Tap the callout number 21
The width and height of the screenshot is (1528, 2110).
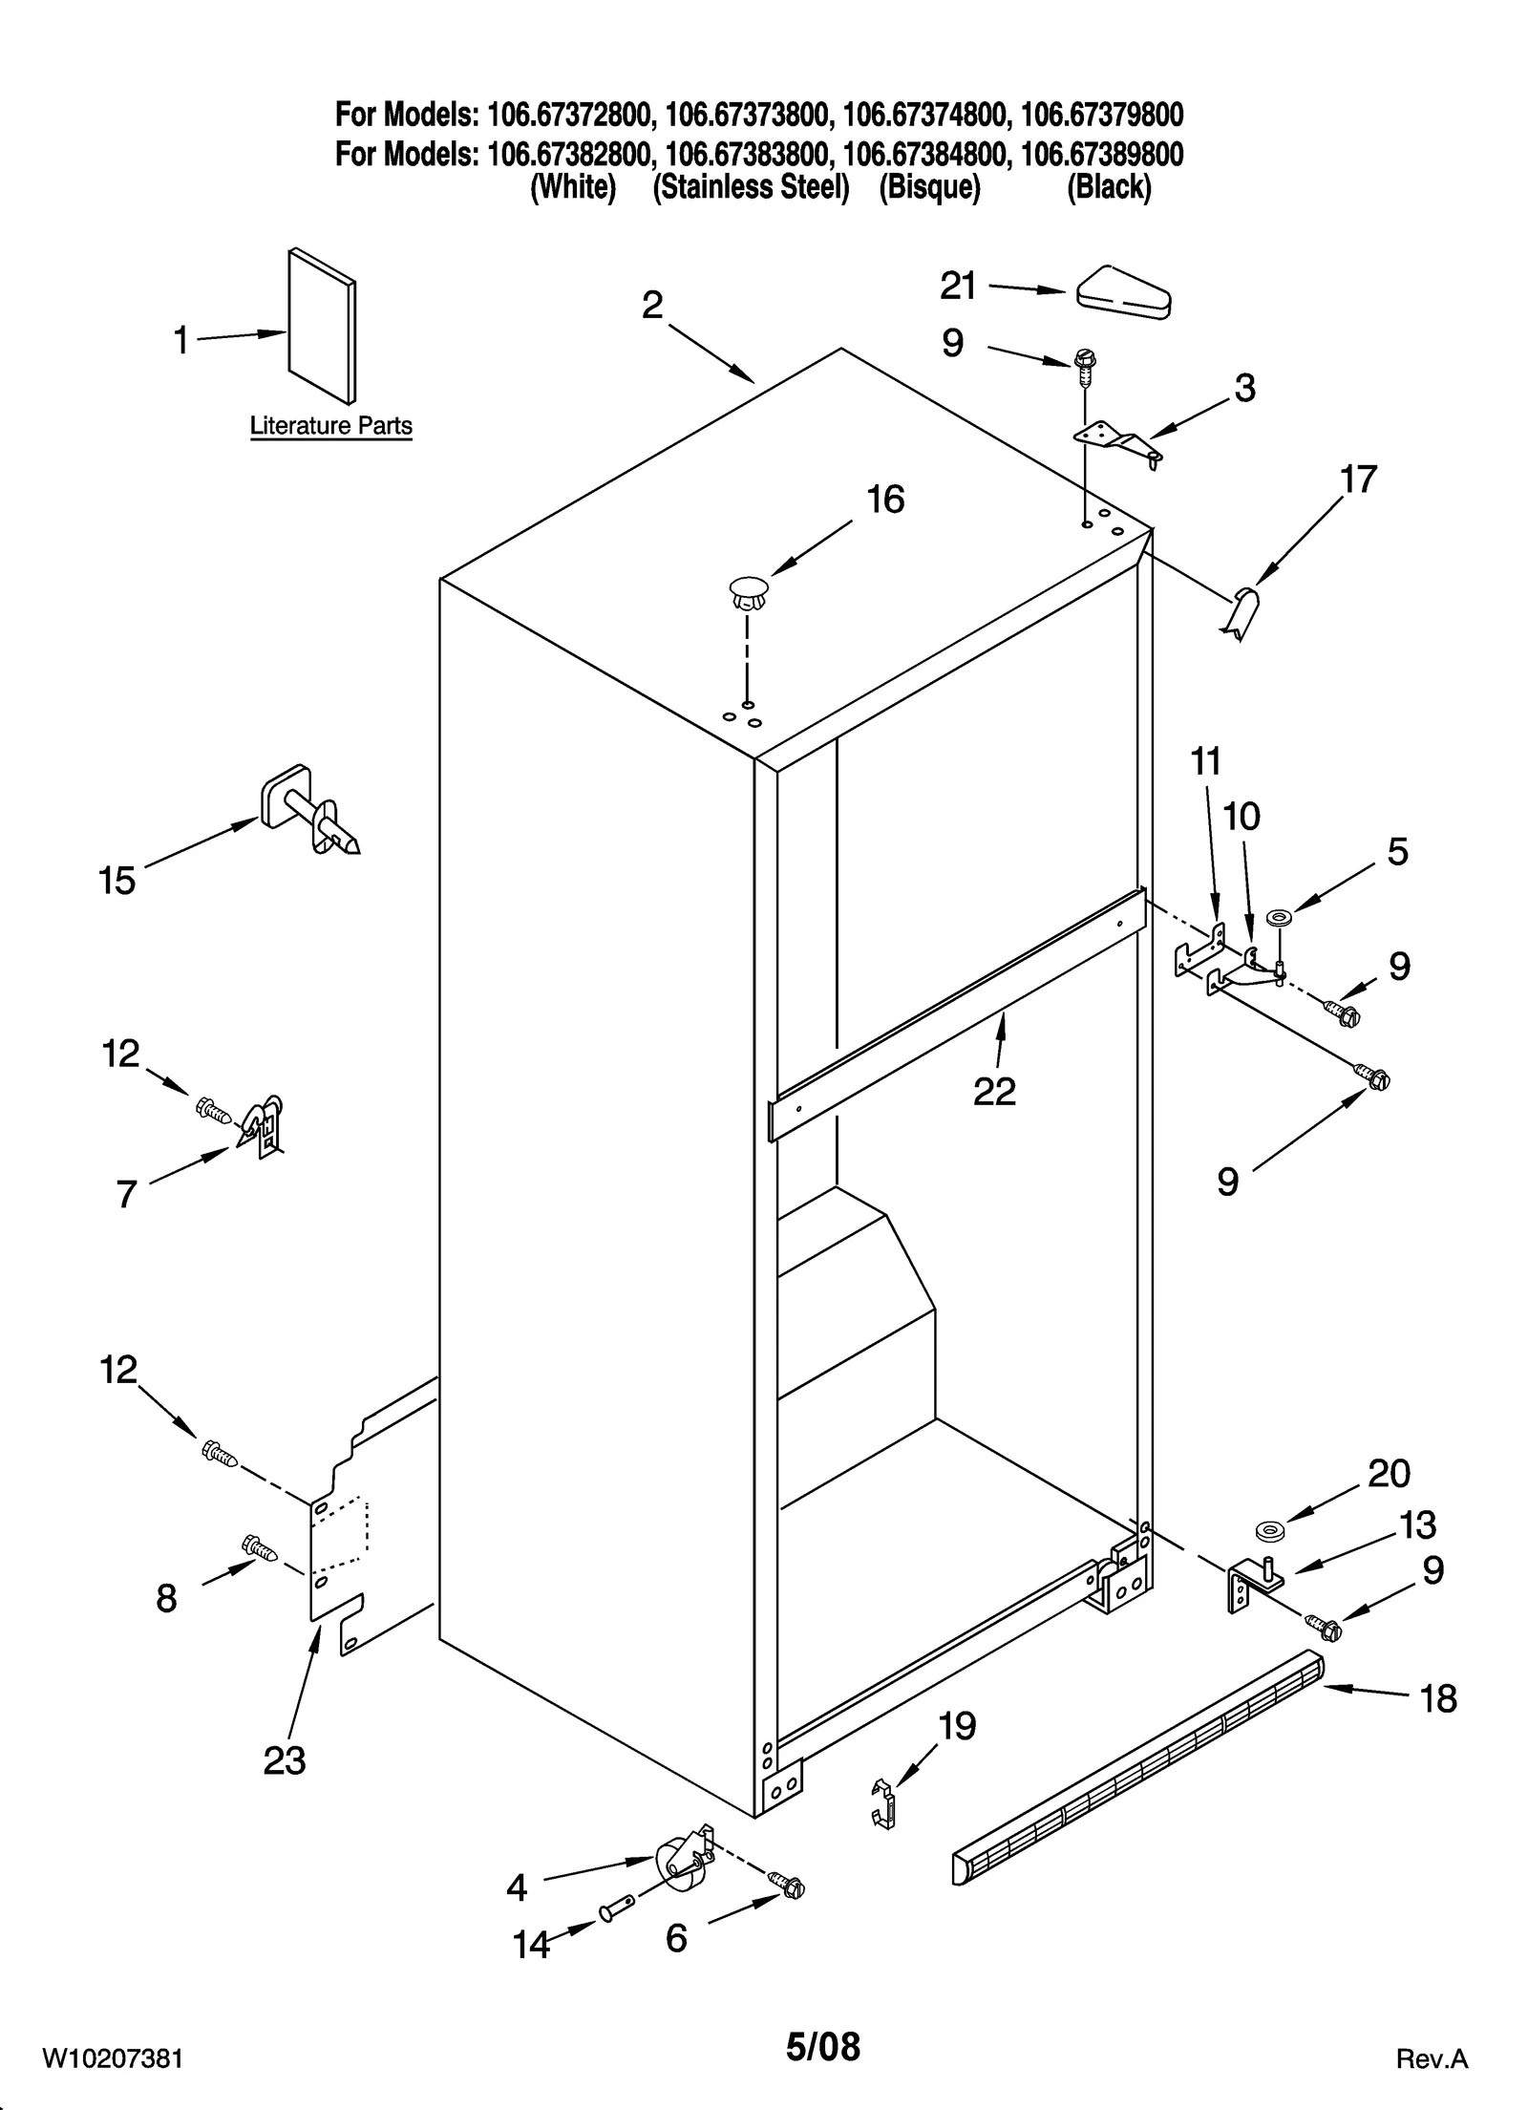point(958,286)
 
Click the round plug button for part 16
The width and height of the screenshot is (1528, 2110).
point(748,590)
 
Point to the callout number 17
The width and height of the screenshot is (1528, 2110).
point(1358,479)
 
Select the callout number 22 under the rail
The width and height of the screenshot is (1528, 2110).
point(994,1091)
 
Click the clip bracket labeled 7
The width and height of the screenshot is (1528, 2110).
point(264,1124)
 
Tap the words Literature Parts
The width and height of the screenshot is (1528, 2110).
point(330,426)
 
